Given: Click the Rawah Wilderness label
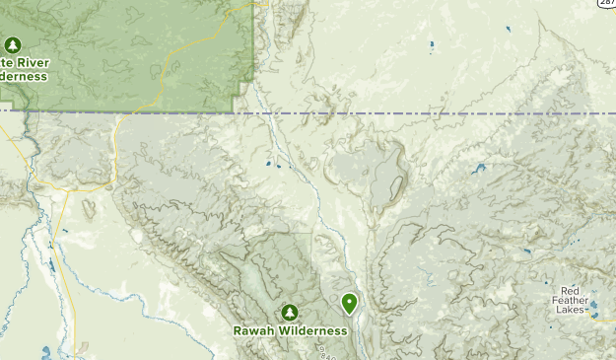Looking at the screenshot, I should coord(290,331).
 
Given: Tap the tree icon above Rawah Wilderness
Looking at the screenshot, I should coord(289,313).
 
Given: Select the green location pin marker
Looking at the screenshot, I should coord(349,303).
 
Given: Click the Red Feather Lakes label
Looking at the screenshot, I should coord(570,300).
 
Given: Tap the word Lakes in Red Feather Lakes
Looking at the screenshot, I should coord(569,310).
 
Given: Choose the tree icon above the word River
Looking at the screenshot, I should coord(13,45).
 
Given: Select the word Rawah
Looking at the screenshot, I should coord(253,331).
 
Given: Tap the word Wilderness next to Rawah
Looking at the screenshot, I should coord(311,331).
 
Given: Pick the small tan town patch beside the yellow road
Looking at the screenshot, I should coord(88,208).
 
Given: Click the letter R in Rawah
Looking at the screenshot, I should coord(238,331).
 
